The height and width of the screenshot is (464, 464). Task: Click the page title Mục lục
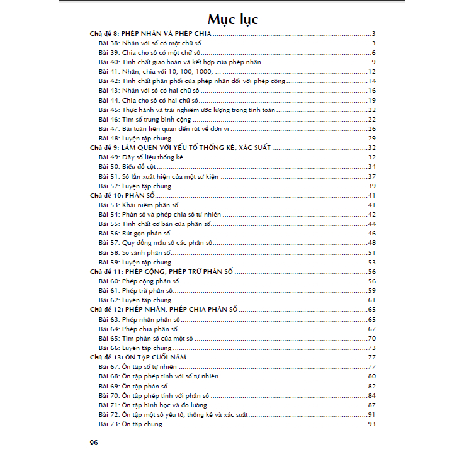point(233,19)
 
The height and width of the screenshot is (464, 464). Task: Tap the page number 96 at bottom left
point(94,442)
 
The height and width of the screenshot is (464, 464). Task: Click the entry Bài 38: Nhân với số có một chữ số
point(149,43)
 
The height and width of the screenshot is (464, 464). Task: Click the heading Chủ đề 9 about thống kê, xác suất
point(180,147)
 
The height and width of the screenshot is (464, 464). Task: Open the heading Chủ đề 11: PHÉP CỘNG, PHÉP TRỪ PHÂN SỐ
point(162,271)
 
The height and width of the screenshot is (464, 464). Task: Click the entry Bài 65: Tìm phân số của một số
point(146,338)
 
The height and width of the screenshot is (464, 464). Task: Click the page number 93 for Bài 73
point(371,424)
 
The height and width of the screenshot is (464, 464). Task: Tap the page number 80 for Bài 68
point(371,376)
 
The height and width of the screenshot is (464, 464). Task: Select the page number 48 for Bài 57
point(371,243)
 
